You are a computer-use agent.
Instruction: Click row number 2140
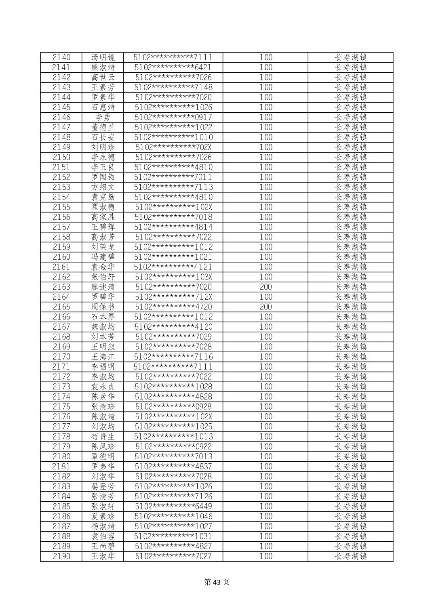click(61, 57)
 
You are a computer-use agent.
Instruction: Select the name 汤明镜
click(103, 57)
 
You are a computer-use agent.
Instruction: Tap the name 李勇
click(103, 117)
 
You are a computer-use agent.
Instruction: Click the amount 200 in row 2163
click(266, 287)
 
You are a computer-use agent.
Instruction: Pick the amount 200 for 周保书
click(266, 307)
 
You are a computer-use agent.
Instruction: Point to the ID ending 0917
click(173, 117)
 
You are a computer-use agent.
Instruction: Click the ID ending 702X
click(173, 147)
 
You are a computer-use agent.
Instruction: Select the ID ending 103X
click(173, 277)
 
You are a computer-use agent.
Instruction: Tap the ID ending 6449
click(173, 506)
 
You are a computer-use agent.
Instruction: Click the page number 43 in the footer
click(217, 582)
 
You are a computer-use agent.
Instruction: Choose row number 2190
click(61, 556)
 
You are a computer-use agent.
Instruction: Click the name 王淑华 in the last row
click(103, 556)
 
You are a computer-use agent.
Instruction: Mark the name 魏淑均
click(103, 327)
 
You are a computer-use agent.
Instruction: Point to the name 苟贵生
click(103, 436)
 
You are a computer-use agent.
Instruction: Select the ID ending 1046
click(173, 516)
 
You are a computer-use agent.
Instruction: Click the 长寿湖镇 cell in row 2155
click(351, 207)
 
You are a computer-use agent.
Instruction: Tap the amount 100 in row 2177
click(266, 427)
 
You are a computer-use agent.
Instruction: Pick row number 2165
click(61, 307)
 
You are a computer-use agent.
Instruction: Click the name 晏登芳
click(103, 486)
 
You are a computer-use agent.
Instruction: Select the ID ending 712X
click(173, 297)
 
